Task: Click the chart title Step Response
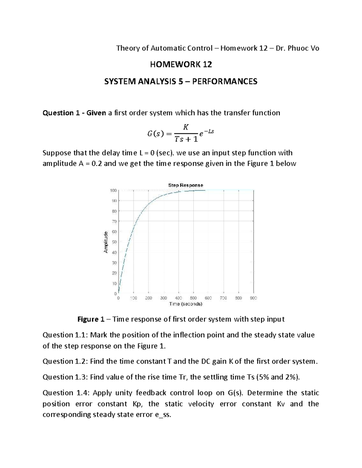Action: click(185, 185)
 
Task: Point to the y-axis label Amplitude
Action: click(106, 242)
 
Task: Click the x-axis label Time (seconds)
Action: click(186, 304)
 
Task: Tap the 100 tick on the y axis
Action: click(113, 190)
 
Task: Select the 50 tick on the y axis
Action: click(114, 242)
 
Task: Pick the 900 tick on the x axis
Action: click(253, 298)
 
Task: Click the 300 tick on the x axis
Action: click(163, 298)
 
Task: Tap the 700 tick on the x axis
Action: click(223, 298)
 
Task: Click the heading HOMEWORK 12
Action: click(181, 64)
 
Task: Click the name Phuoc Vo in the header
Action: click(303, 48)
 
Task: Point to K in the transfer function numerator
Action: click(186, 127)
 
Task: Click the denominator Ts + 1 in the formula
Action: click(186, 139)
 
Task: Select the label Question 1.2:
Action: click(65, 361)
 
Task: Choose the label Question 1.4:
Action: click(65, 393)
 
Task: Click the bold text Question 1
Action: click(58, 113)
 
